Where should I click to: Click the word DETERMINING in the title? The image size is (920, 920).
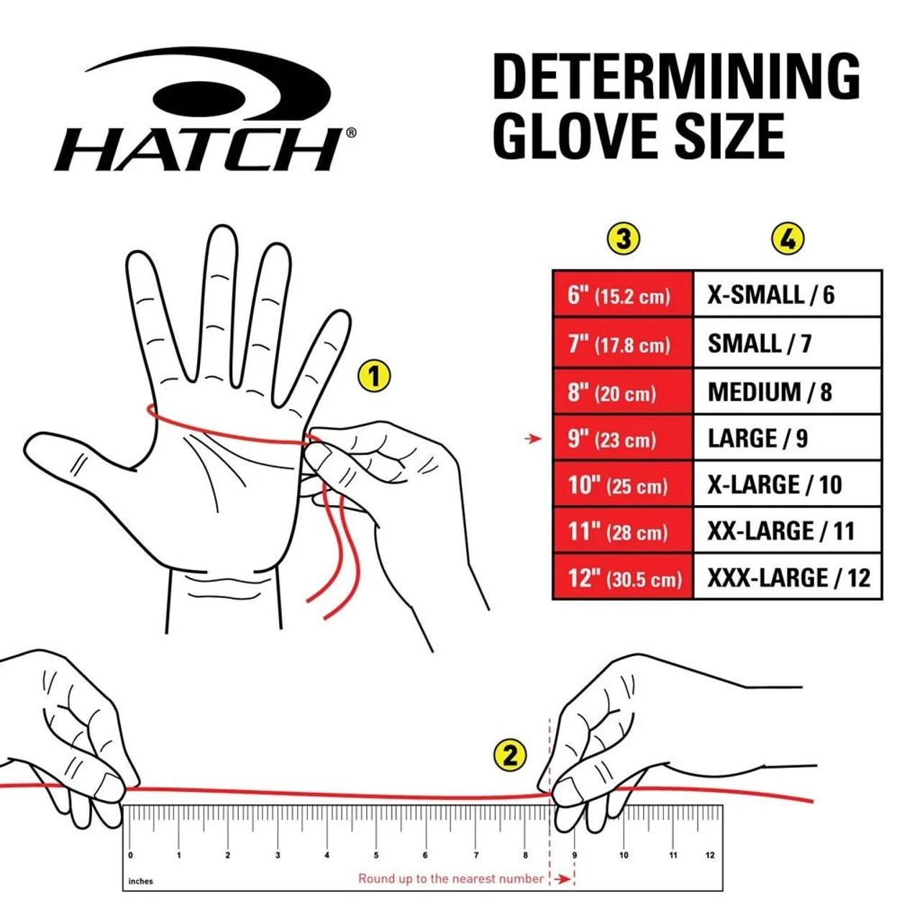(x=675, y=77)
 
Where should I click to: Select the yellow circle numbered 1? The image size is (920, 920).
(x=373, y=376)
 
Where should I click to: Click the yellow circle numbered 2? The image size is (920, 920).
(x=510, y=755)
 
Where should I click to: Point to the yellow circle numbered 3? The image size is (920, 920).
(x=623, y=239)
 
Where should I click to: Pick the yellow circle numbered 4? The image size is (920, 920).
(x=787, y=239)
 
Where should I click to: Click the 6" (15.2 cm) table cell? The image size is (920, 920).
(x=622, y=295)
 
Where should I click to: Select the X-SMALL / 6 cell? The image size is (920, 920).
(x=787, y=295)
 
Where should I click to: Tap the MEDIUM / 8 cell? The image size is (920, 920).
(x=787, y=392)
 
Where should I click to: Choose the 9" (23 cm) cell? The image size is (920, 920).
(x=622, y=438)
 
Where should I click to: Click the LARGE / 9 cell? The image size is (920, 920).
(x=787, y=438)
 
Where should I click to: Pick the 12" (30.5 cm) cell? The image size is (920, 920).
(x=622, y=578)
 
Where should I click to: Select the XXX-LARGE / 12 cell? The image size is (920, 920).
(x=787, y=578)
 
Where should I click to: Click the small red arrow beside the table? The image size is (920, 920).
(x=533, y=438)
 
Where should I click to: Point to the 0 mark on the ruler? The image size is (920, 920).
(x=130, y=855)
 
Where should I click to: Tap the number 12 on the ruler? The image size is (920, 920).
(x=710, y=855)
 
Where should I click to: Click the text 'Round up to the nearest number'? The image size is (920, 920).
(x=451, y=878)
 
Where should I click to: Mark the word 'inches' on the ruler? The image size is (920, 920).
(x=141, y=881)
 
